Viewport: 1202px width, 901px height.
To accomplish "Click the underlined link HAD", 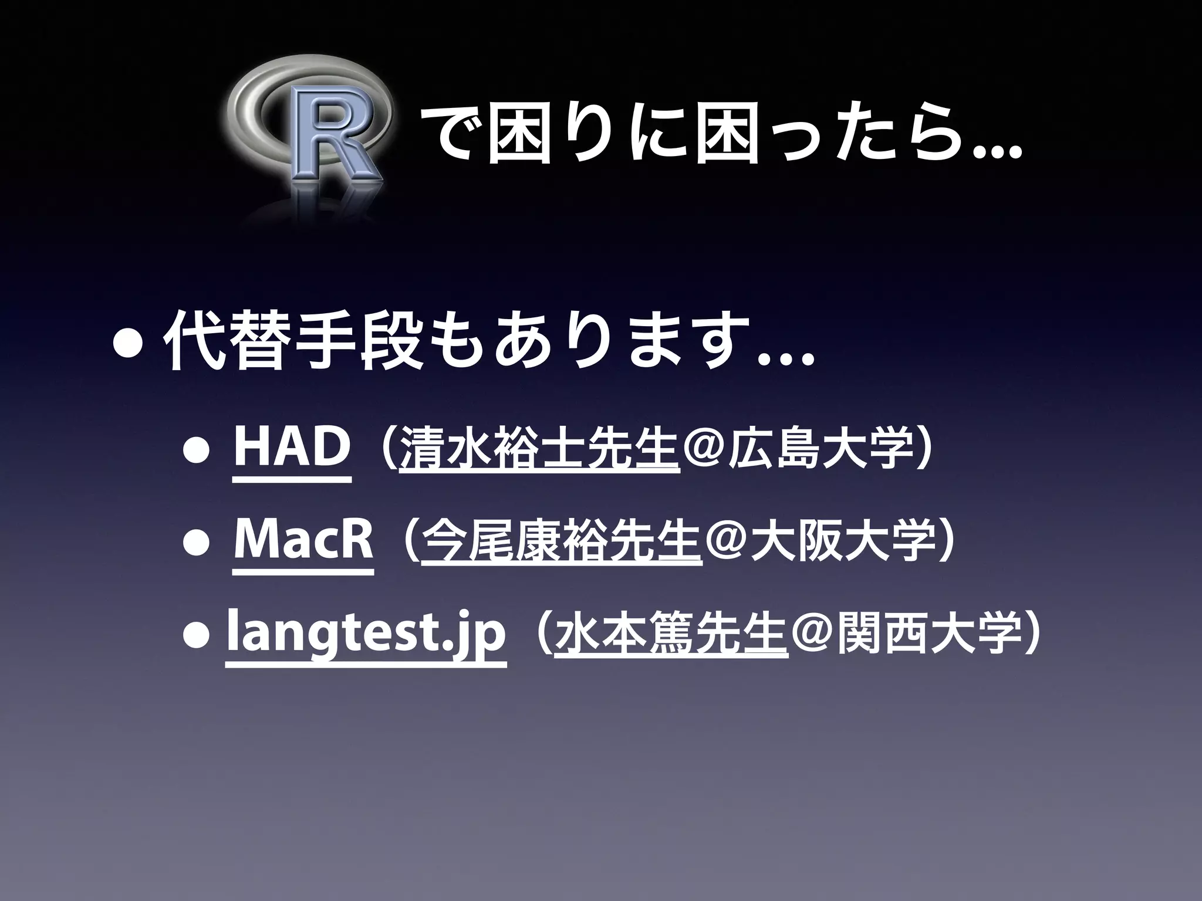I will [x=291, y=448].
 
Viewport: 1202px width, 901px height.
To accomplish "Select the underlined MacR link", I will [x=303, y=540].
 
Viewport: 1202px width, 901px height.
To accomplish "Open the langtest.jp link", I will [x=365, y=632].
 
